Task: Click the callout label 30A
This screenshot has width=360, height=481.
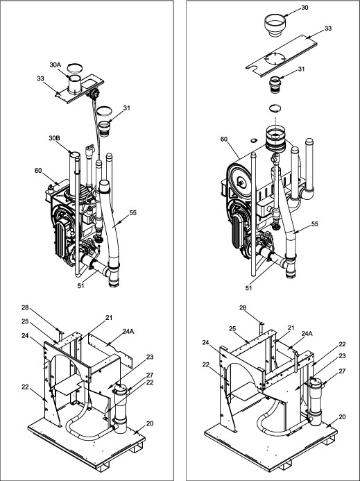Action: [55, 65]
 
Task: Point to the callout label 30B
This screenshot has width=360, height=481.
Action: [54, 138]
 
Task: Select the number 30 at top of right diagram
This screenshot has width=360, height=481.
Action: [305, 8]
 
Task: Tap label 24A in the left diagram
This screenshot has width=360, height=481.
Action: [128, 331]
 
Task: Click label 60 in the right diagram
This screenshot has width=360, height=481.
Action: [224, 139]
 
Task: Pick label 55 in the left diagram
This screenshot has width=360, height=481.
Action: [132, 212]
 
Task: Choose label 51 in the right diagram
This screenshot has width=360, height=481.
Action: [249, 288]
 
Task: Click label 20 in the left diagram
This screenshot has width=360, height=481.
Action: [150, 423]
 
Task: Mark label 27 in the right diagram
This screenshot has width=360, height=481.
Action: [342, 371]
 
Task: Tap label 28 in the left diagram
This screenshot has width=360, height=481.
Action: [25, 307]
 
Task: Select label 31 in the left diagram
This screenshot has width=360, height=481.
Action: [127, 108]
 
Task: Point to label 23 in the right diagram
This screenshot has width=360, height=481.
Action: [342, 356]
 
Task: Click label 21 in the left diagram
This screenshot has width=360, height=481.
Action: [109, 318]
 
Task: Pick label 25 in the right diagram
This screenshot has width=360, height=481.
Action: [232, 328]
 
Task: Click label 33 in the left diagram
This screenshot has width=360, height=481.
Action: [40, 78]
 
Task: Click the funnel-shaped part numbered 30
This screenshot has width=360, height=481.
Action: [275, 25]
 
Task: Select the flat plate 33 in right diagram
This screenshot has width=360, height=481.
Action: [282, 56]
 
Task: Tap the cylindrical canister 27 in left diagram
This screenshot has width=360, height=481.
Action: [121, 407]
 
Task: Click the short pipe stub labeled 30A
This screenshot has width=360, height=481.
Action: [74, 84]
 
